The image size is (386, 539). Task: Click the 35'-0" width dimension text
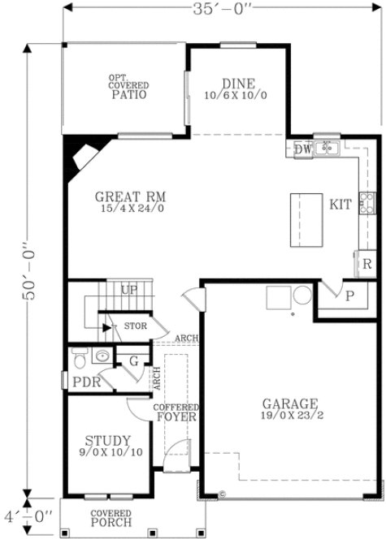(x=222, y=11)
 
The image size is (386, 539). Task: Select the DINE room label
(x=238, y=83)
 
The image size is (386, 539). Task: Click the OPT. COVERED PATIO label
(x=128, y=87)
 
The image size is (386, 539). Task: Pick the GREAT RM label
(x=130, y=196)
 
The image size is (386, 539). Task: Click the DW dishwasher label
(x=302, y=149)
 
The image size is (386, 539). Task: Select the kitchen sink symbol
(x=327, y=148)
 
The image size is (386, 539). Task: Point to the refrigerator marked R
(x=366, y=263)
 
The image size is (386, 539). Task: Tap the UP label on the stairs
(x=128, y=290)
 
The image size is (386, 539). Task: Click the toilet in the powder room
(x=79, y=356)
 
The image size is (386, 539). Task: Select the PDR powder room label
(x=87, y=382)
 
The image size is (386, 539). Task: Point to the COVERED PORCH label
(x=111, y=518)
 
